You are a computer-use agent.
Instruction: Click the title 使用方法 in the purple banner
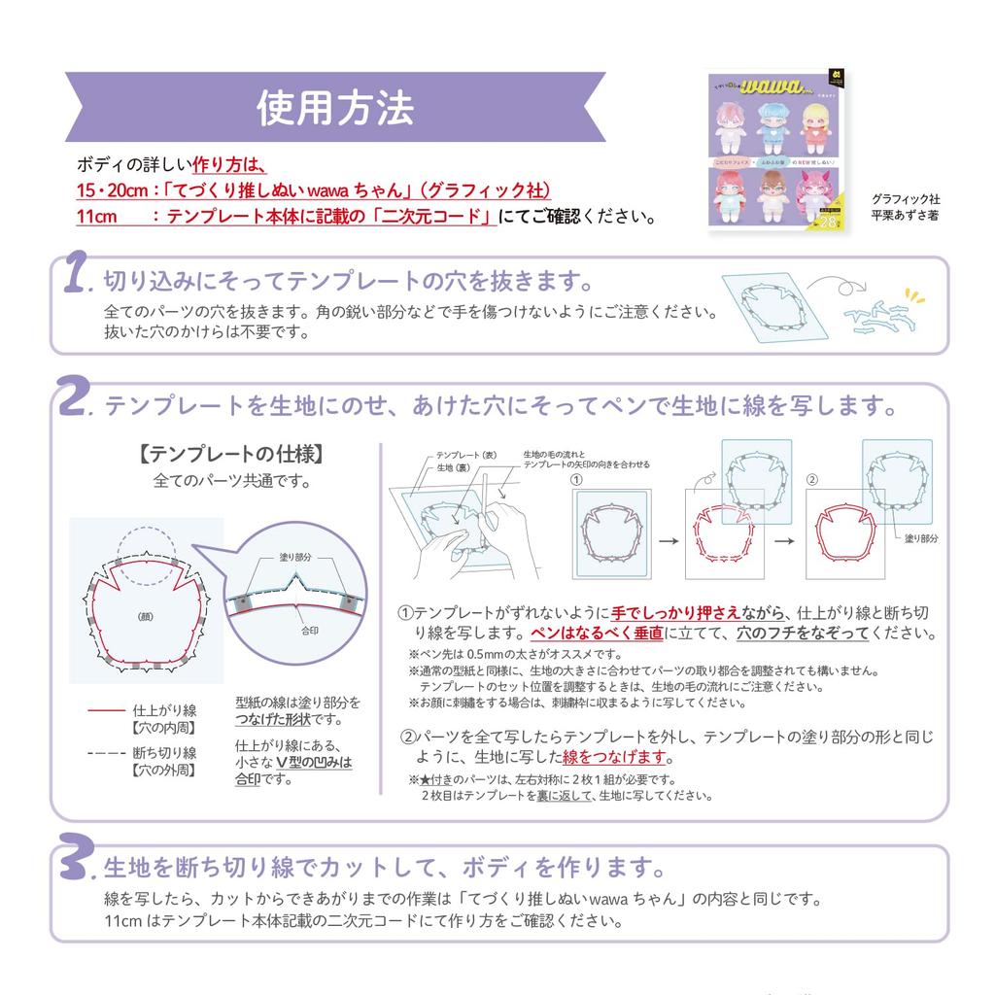click(335, 108)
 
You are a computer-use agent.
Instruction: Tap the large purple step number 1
click(77, 276)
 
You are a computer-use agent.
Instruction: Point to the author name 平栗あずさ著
click(906, 217)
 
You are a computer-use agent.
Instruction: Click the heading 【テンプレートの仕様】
click(229, 454)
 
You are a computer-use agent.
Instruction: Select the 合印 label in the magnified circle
click(310, 630)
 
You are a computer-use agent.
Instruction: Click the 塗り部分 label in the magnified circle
click(295, 558)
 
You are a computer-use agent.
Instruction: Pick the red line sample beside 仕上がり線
click(106, 711)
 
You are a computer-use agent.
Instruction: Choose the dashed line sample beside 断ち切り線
click(106, 753)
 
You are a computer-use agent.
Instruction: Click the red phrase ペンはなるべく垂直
click(592, 634)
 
